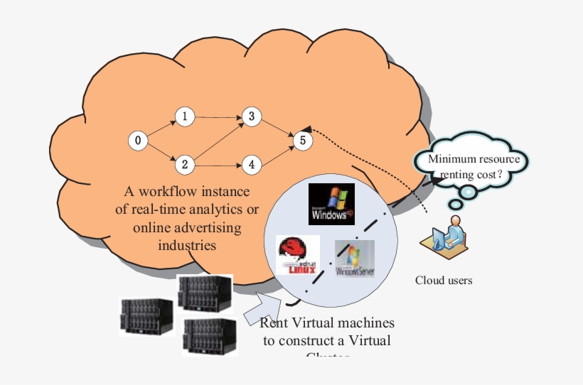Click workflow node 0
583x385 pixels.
pos(137,141)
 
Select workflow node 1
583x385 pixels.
pos(184,116)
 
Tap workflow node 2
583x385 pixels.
pos(184,165)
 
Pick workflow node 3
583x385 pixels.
pos(251,116)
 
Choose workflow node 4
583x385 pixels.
pos(251,165)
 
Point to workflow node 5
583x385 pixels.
pos(303,141)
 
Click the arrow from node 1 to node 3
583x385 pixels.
pos(218,116)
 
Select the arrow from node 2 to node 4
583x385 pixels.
pos(218,165)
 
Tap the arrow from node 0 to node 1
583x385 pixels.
pos(161,129)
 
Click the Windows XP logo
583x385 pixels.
pos(331,203)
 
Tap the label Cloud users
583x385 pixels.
pos(444,281)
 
